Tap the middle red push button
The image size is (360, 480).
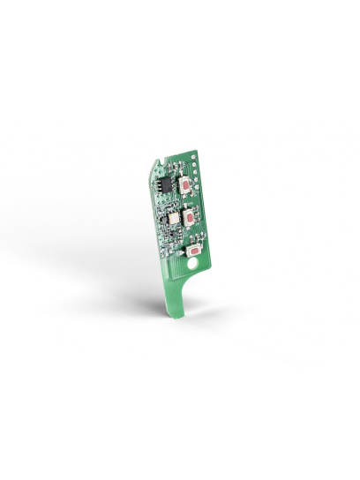190,217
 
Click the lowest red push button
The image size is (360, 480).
194,251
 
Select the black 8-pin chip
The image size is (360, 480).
166,184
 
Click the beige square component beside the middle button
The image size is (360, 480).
173,217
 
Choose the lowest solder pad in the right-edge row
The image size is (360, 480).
197,187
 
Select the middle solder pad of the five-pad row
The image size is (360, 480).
195,172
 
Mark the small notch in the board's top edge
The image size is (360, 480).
162,162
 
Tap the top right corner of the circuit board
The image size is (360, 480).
197,151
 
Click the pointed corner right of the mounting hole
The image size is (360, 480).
210,264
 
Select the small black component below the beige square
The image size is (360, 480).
174,232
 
